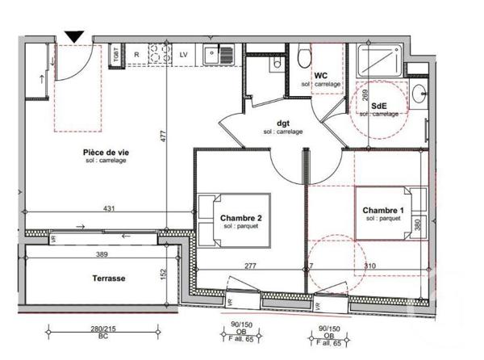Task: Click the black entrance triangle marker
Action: [x=74, y=36]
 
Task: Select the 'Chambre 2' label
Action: [x=241, y=218]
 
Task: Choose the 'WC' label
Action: [x=320, y=76]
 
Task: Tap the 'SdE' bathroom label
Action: [x=378, y=106]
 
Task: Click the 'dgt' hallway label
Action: [x=282, y=123]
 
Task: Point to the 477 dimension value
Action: [x=162, y=137]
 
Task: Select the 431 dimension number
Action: [x=109, y=209]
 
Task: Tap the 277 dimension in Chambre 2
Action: [x=252, y=266]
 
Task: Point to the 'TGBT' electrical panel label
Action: [x=116, y=55]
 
